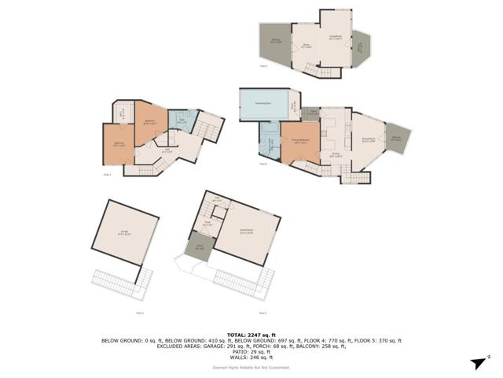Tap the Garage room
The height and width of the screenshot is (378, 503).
click(x=123, y=232)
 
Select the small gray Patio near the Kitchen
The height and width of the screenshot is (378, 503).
click(x=310, y=113)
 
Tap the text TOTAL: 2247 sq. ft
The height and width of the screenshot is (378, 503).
click(x=251, y=334)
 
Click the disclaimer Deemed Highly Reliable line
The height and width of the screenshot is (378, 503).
click(x=251, y=367)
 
